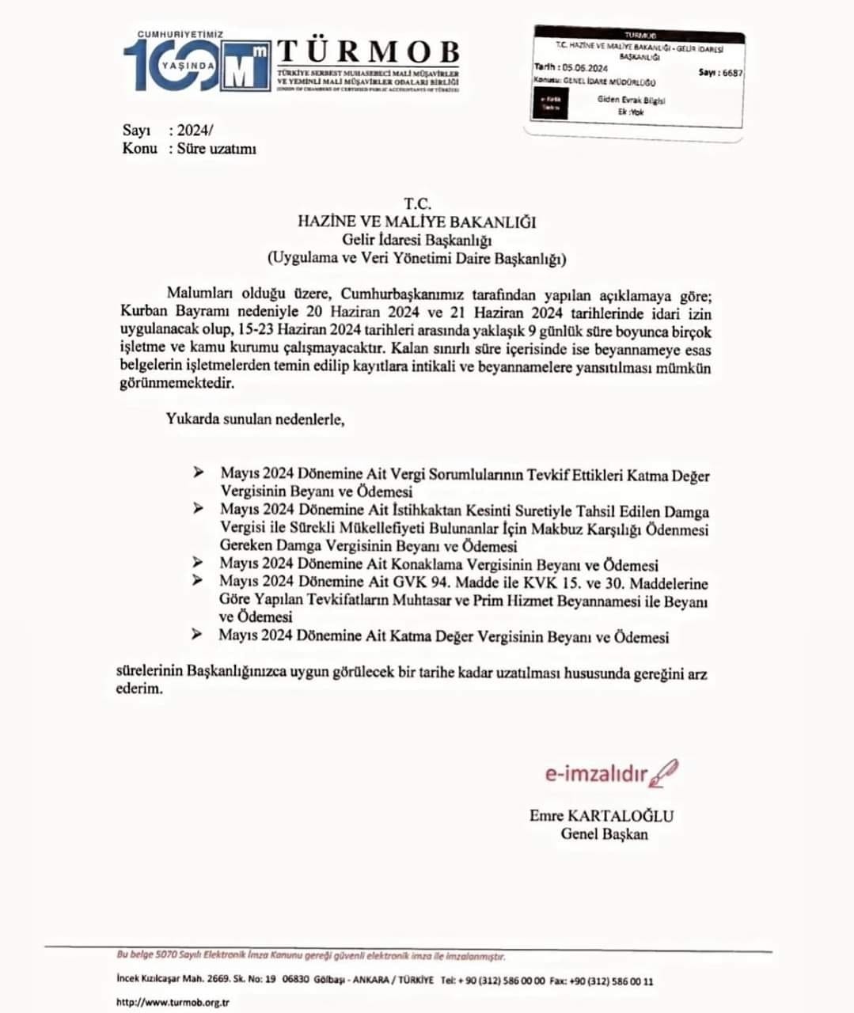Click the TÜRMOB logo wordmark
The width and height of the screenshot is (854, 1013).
coord(368,52)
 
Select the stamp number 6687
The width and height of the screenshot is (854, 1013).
coord(732,73)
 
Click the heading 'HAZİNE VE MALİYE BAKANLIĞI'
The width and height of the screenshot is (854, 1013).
coord(416,222)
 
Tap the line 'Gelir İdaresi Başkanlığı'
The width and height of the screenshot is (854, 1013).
coord(416,240)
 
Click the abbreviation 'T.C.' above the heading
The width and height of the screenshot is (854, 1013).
coord(416,204)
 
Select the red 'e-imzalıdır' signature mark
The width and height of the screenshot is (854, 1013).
coord(596,773)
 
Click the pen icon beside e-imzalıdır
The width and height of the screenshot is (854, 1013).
coord(664,772)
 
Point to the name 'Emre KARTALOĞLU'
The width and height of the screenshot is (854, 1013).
coord(602,816)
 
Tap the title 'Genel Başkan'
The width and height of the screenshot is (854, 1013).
coord(604,834)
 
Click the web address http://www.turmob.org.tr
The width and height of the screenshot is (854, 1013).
coord(173,1002)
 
